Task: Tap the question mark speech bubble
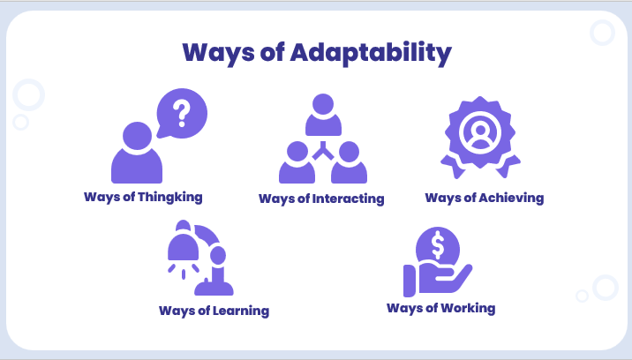181,114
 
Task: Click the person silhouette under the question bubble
137,155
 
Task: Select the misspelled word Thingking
171,197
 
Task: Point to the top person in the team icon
322,113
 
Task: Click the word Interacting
349,199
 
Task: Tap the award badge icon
480,133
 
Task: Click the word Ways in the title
217,54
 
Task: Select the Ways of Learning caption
214,311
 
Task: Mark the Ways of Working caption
440,308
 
